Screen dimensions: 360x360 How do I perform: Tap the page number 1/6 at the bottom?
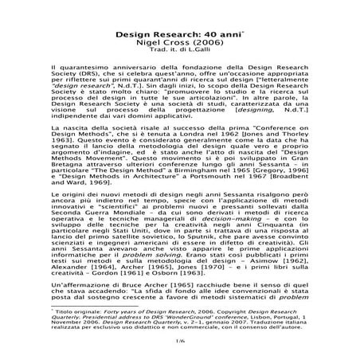[180, 341]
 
